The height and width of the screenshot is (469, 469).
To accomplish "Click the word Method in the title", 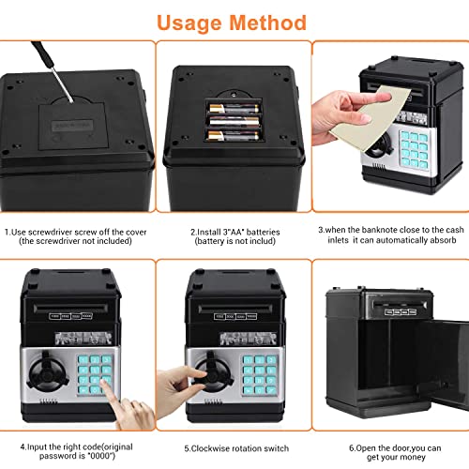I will click(271, 22).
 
